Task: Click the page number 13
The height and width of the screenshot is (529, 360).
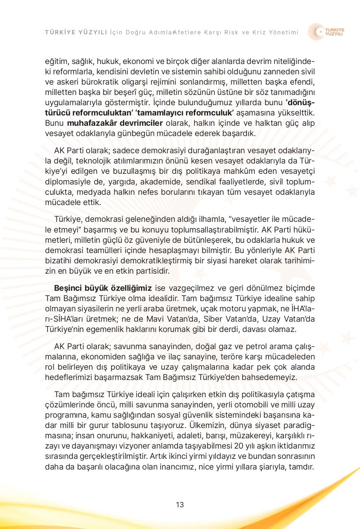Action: point(180,505)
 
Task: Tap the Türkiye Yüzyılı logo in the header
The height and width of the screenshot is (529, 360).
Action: point(326,32)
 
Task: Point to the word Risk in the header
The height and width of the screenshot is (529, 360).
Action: point(231,32)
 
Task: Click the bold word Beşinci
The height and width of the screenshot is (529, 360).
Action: point(69,288)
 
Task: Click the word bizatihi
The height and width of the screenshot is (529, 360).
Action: point(58,261)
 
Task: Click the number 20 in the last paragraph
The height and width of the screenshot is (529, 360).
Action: point(239,446)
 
